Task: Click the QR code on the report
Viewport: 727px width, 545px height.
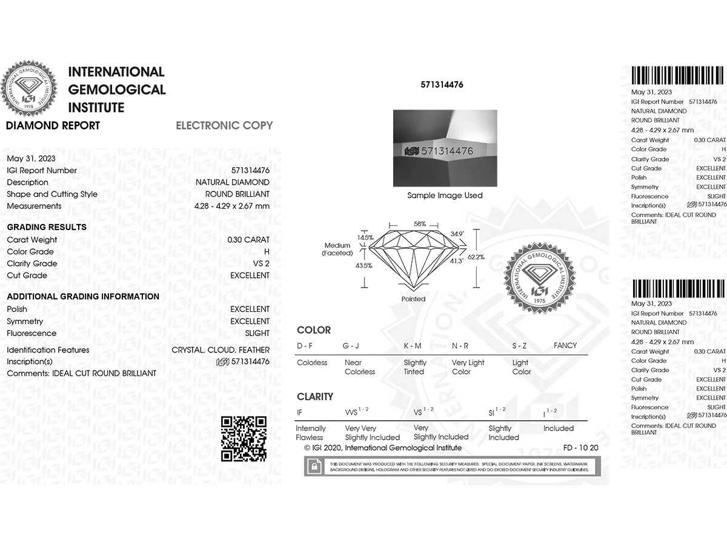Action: pos(244,438)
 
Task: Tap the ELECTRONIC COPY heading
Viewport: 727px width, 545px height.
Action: pos(224,125)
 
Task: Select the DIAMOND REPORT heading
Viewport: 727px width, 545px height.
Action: pos(53,126)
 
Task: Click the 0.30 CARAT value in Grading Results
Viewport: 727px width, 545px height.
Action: pos(248,240)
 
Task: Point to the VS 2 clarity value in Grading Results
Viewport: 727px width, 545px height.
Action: pos(261,263)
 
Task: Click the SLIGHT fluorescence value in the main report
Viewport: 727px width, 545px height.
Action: pos(257,333)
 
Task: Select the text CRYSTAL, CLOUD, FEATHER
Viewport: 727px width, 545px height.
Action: pos(221,350)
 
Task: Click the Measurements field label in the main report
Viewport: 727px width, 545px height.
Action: pos(34,206)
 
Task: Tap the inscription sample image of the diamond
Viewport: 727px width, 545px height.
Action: pos(445,148)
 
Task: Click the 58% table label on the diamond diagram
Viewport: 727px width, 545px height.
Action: pos(420,224)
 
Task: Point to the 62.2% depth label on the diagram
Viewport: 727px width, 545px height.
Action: pos(476,257)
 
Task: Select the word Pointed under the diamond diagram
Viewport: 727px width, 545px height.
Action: pos(413,299)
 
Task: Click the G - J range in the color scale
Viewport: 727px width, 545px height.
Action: pos(351,346)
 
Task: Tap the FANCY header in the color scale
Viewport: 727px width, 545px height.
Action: pos(565,346)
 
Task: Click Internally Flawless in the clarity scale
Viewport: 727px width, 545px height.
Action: pos(310,432)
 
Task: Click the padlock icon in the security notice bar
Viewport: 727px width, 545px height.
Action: pos(314,466)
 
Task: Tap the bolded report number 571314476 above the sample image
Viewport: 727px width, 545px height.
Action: pos(442,85)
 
